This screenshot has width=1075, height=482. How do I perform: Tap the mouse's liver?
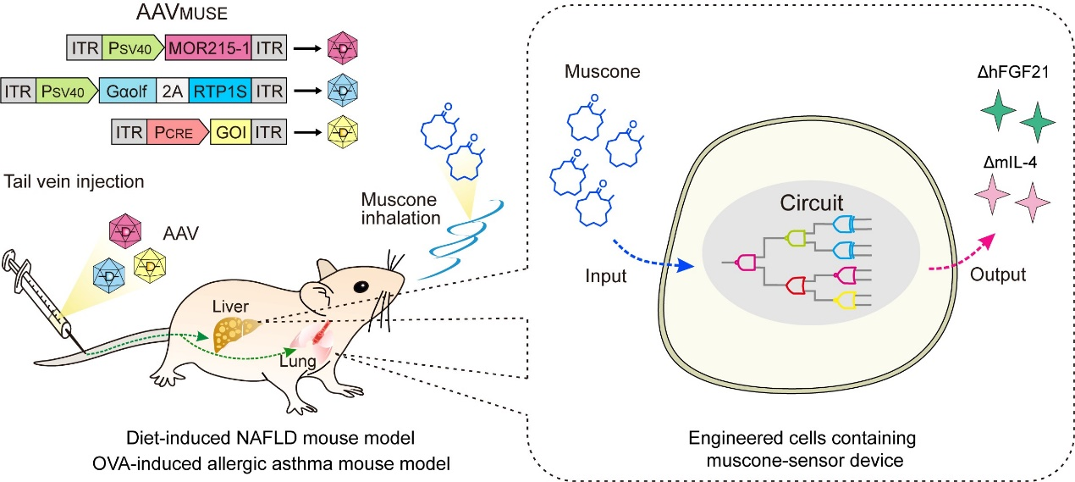232,331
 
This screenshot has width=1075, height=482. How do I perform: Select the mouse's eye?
361,285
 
